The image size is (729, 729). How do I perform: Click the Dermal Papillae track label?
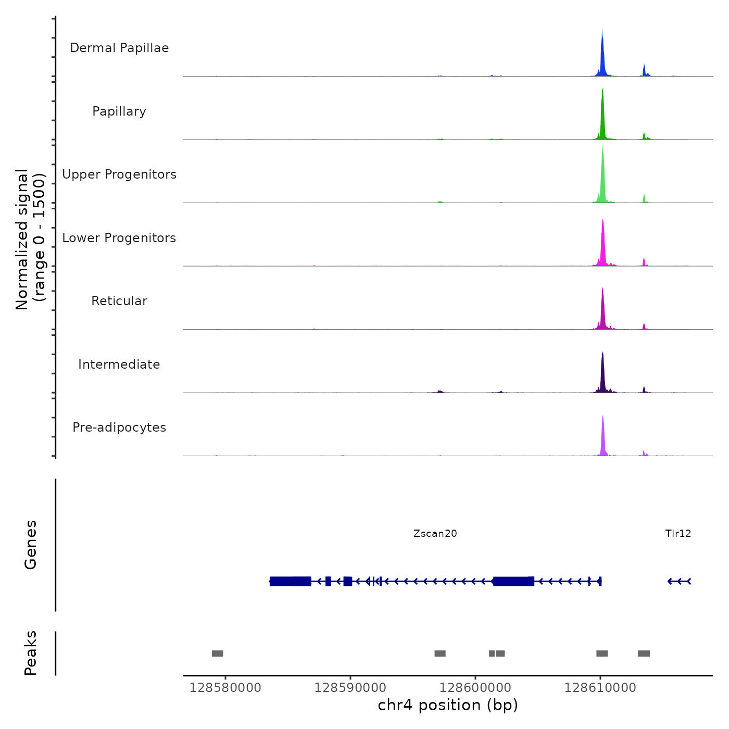pyautogui.click(x=119, y=48)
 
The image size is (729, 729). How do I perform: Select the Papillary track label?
pyautogui.click(x=119, y=111)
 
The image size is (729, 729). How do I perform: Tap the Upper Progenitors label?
pyautogui.click(x=119, y=174)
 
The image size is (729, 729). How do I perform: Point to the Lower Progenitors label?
pyautogui.click(x=119, y=238)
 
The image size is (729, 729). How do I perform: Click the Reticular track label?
pyautogui.click(x=119, y=301)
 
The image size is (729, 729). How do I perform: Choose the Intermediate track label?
pyautogui.click(x=119, y=364)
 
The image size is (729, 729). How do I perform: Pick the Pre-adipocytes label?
pyautogui.click(x=119, y=428)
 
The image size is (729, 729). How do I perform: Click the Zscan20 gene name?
pyautogui.click(x=435, y=533)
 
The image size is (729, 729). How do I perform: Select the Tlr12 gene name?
pyautogui.click(x=678, y=533)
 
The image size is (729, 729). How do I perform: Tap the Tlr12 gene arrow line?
pyautogui.click(x=679, y=581)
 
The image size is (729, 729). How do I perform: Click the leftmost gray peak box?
pyautogui.click(x=217, y=653)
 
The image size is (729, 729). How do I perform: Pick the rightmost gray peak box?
pyautogui.click(x=644, y=653)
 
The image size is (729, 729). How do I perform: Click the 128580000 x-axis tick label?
pyautogui.click(x=225, y=688)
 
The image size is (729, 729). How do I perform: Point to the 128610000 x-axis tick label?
pyautogui.click(x=600, y=688)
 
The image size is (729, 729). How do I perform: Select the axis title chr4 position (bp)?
pyautogui.click(x=448, y=705)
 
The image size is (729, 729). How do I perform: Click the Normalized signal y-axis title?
pyautogui.click(x=30, y=240)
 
